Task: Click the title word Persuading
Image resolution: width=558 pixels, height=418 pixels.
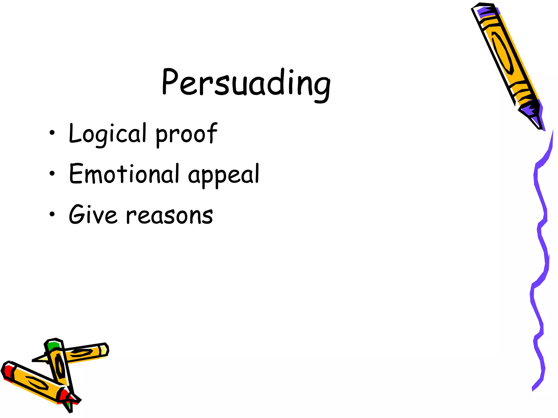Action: point(246,83)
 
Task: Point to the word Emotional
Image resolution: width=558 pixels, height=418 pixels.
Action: point(124,174)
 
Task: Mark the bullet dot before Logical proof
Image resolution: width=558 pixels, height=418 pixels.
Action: point(52,133)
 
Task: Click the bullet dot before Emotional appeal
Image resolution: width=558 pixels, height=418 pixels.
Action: point(52,173)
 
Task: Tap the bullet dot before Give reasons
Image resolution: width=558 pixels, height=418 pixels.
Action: point(52,214)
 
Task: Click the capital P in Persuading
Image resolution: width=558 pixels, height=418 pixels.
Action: point(169,82)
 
